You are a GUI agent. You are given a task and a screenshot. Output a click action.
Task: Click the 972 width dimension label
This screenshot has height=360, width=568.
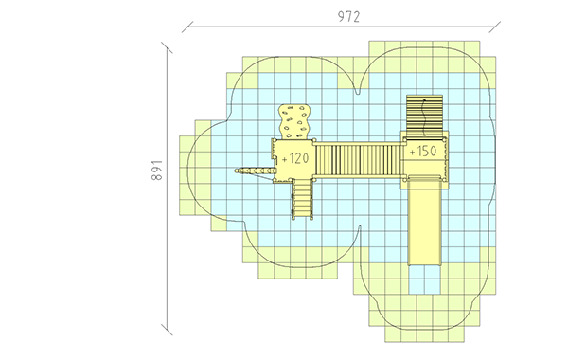(348, 17)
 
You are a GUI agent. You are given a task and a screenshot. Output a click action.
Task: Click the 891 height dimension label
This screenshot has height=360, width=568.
(157, 170)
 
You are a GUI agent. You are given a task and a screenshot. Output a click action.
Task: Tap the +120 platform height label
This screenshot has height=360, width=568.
(294, 158)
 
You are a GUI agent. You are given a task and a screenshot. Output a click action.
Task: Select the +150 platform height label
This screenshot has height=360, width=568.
(423, 151)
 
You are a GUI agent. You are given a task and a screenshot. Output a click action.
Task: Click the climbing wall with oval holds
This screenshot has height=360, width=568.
(294, 121)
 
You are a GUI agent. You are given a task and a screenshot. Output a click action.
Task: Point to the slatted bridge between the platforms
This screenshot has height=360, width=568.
(359, 160)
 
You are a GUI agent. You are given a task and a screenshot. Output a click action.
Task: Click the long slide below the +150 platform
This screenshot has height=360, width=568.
(424, 221)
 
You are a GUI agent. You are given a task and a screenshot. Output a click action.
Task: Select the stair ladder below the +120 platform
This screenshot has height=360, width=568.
(302, 199)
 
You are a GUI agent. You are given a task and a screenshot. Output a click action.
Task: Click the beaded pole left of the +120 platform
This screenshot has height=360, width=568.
(254, 170)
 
